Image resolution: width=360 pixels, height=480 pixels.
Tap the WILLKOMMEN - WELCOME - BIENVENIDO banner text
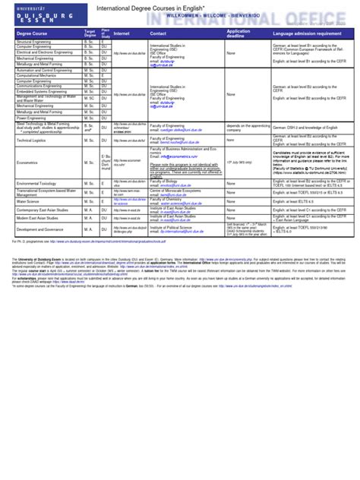tap(216, 15)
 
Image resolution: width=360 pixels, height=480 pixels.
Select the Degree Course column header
tap(30, 33)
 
